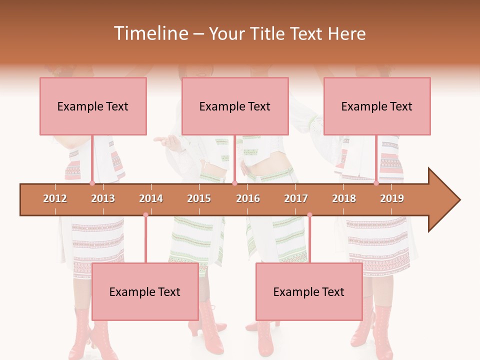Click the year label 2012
(55, 198)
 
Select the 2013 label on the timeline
(103, 198)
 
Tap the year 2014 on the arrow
(151, 198)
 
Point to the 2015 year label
(199, 198)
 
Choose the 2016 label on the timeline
(248, 198)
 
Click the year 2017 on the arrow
(296, 198)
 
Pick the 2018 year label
(344, 198)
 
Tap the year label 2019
(392, 198)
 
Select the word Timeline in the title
(150, 33)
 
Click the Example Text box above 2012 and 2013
(93, 106)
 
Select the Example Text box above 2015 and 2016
(235, 106)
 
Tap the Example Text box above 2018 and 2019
(377, 106)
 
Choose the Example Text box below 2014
(145, 291)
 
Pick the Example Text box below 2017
(309, 291)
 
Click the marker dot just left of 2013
(92, 183)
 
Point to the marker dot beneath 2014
(145, 215)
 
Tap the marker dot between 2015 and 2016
(234, 183)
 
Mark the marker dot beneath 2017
(309, 215)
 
